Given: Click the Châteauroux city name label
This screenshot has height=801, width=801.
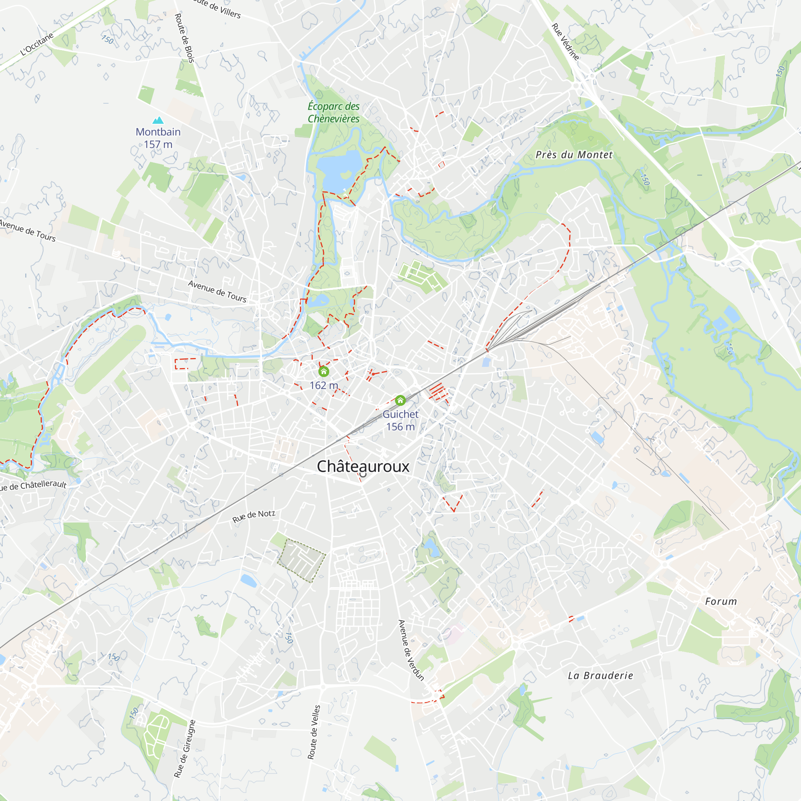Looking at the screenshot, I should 363,467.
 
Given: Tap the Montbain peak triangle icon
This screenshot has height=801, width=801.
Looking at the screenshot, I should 158,120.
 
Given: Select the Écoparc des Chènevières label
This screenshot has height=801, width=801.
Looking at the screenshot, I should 333,113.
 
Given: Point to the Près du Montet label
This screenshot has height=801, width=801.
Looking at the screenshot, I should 574,155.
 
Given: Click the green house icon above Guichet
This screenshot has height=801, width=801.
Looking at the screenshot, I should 400,400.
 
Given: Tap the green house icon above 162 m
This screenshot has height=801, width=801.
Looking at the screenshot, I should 323,371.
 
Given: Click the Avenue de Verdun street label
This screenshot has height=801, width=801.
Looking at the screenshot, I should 411,650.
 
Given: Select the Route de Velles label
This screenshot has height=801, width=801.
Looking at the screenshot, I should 314,732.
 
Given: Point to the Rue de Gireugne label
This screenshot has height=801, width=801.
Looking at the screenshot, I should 185,749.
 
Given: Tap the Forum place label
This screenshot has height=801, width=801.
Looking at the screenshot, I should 721,601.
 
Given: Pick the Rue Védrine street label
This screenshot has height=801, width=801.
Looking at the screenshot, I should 565,42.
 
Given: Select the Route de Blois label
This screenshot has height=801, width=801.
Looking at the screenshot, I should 185,38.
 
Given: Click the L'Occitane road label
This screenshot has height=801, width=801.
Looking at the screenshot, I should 37,44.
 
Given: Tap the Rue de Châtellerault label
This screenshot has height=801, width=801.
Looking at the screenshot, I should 33,485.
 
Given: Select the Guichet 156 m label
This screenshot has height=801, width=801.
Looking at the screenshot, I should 400,420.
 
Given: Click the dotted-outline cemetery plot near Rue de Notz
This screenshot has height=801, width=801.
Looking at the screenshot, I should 302,560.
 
